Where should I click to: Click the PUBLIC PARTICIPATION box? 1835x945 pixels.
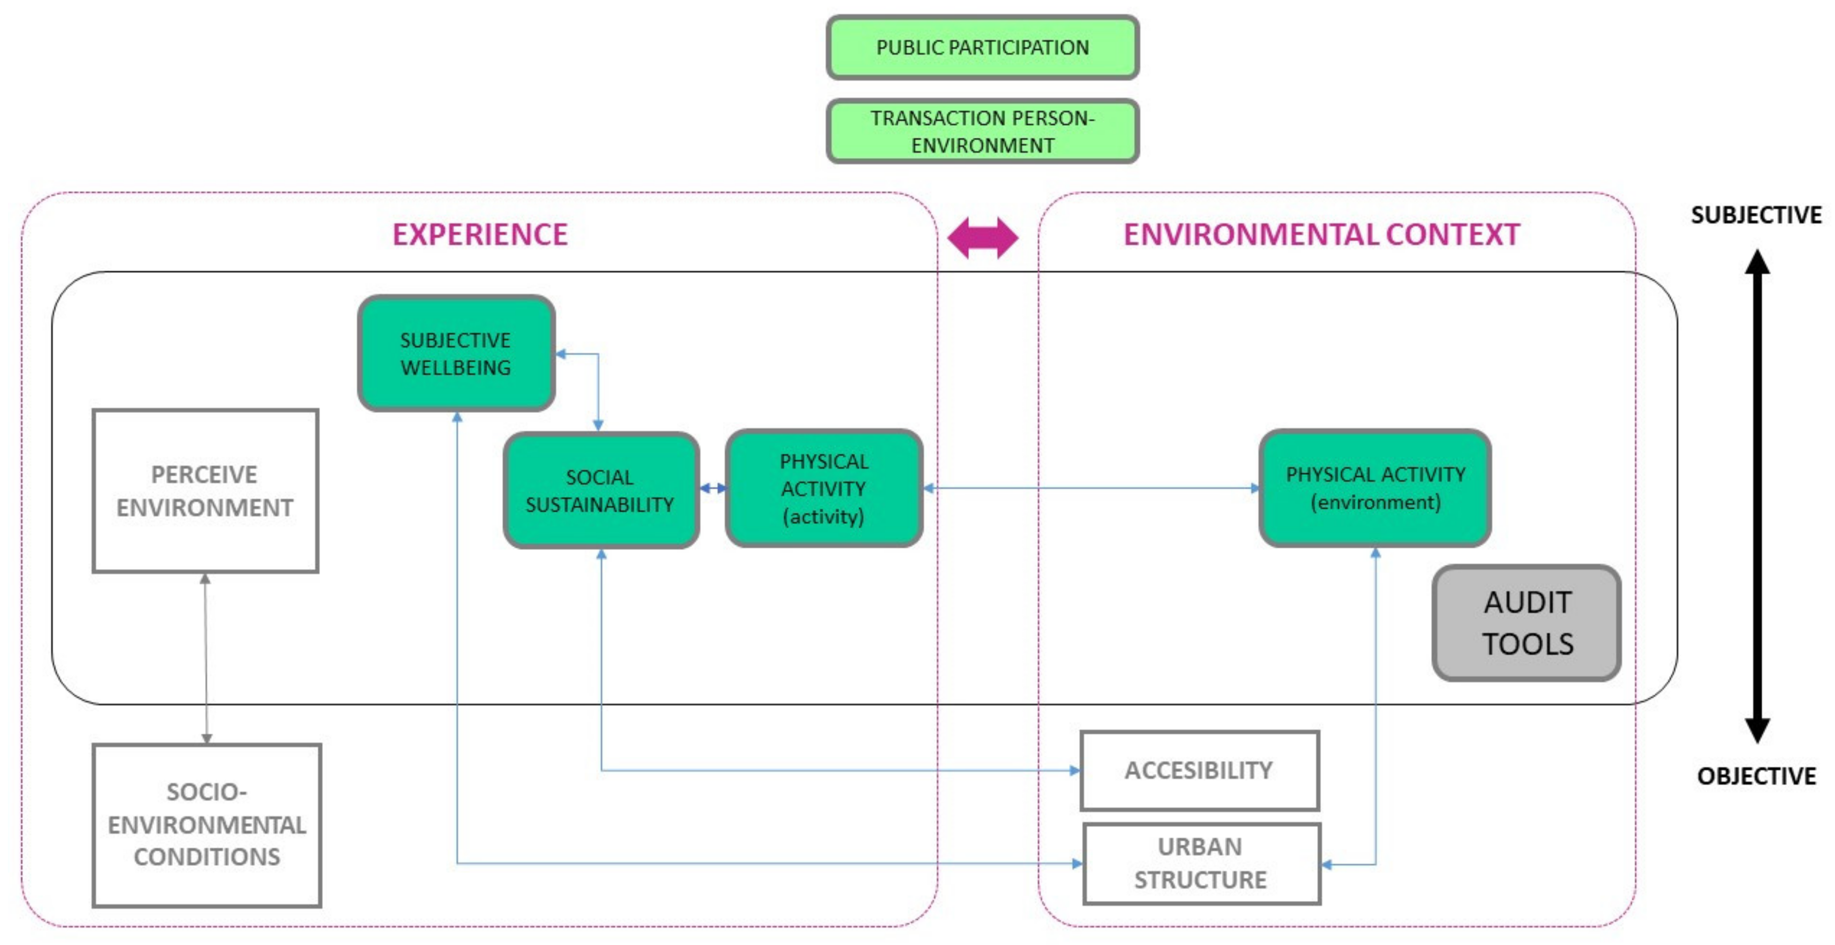[x=982, y=48]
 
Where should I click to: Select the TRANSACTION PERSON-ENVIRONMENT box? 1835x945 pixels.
[x=982, y=131]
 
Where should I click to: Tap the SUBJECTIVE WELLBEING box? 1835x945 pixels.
[x=456, y=353]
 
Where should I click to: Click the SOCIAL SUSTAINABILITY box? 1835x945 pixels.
[x=601, y=490]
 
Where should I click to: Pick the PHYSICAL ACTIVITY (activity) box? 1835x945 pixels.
[x=824, y=489]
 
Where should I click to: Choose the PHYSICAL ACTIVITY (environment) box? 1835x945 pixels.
[x=1375, y=488]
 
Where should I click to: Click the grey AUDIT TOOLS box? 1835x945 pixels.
[x=1527, y=623]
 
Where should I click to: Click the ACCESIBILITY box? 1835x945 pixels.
[x=1200, y=771]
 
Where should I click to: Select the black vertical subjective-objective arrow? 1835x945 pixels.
[x=1757, y=495]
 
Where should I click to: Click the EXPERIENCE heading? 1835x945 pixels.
[x=480, y=234]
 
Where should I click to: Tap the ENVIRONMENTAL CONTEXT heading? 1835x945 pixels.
[x=1321, y=234]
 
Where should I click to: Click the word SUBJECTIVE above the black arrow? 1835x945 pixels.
[x=1756, y=215]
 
